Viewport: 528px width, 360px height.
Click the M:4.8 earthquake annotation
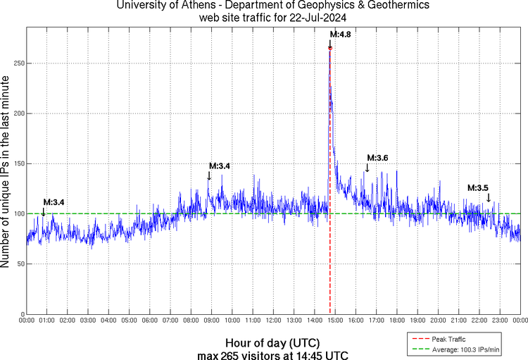pyautogui.click(x=341, y=34)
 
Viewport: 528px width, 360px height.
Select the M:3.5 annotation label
pyautogui.click(x=478, y=187)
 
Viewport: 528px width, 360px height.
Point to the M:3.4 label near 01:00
pyautogui.click(x=54, y=202)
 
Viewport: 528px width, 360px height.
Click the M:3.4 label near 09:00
pyautogui.click(x=219, y=166)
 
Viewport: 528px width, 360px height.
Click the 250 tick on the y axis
pyautogui.click(x=17, y=63)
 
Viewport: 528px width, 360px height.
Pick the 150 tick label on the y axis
pyautogui.click(x=17, y=163)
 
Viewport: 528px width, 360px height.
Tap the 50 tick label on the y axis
pyautogui.click(x=19, y=264)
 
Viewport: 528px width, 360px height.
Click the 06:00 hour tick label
pyautogui.click(x=150, y=321)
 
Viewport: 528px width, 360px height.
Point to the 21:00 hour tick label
pyautogui.click(x=459, y=321)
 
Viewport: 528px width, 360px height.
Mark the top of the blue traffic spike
pyautogui.click(x=329, y=47)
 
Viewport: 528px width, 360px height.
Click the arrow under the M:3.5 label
pyautogui.click(x=489, y=198)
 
